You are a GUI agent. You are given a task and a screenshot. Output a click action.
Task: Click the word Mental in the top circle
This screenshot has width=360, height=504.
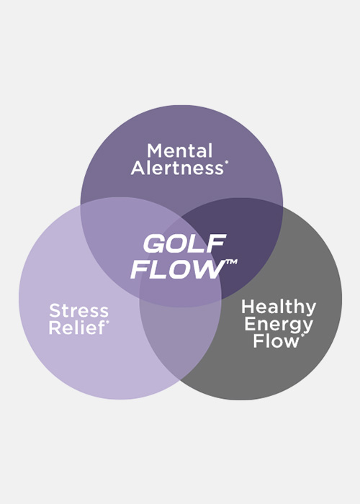pyautogui.click(x=180, y=150)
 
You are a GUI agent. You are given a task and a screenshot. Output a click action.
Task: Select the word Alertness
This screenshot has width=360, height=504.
pyautogui.click(x=177, y=168)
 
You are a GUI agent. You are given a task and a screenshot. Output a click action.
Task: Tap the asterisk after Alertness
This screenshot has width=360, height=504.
pyautogui.click(x=227, y=163)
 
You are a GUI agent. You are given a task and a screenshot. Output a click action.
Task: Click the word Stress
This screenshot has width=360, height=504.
pyautogui.click(x=78, y=310)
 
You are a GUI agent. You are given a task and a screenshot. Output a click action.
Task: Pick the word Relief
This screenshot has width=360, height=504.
pyautogui.click(x=77, y=328)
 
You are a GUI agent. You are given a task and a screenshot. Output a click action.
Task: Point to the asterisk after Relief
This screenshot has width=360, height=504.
pyautogui.click(x=107, y=322)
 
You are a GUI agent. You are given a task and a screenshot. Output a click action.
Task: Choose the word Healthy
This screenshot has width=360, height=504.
pyautogui.click(x=279, y=308)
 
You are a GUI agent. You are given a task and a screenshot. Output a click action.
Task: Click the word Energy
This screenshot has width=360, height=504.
pyautogui.click(x=279, y=325)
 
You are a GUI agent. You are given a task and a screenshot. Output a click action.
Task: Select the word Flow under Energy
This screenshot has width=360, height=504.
pyautogui.click(x=276, y=341)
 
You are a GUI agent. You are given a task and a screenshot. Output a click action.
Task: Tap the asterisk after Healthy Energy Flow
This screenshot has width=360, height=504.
pyautogui.click(x=302, y=336)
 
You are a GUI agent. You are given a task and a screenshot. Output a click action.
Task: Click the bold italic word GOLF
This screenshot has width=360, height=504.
pyautogui.click(x=185, y=243)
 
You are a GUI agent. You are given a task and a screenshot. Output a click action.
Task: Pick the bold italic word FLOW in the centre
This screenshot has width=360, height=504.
pyautogui.click(x=178, y=269)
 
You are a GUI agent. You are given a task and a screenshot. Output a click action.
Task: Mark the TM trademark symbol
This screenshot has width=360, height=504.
pyautogui.click(x=231, y=262)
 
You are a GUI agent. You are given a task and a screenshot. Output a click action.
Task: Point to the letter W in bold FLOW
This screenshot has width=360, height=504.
pyautogui.click(x=210, y=269)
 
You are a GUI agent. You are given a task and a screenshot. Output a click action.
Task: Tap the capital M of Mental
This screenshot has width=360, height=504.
pyautogui.click(x=155, y=150)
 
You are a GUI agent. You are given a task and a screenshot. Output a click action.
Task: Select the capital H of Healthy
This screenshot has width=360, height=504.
pyautogui.click(x=248, y=307)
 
